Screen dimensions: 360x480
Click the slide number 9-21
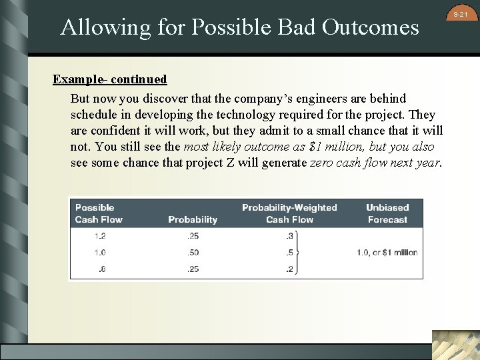(461, 13)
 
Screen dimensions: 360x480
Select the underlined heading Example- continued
(110, 79)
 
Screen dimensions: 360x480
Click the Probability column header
(193, 219)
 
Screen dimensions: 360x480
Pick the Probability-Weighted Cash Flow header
(289, 213)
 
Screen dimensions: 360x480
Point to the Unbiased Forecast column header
(387, 213)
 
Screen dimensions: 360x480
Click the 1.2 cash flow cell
(99, 236)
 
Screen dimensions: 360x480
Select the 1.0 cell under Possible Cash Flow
(99, 253)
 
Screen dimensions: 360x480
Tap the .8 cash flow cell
(101, 269)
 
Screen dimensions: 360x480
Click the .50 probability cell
(193, 253)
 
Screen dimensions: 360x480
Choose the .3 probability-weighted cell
(289, 236)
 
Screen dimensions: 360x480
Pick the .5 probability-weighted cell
(289, 253)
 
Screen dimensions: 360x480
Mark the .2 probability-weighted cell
(289, 269)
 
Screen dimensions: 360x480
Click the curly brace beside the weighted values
(298, 253)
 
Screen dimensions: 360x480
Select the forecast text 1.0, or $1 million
(387, 253)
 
